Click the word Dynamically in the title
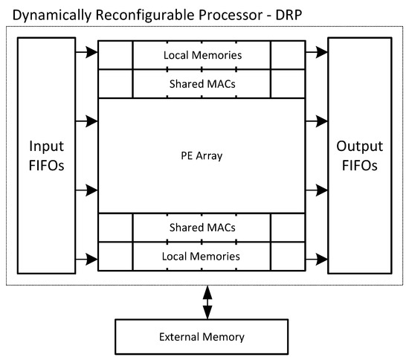click(52, 16)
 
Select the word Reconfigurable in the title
click(145, 16)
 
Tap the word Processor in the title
click(231, 15)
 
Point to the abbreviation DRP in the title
click(289, 15)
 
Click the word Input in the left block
click(46, 147)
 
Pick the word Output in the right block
click(360, 146)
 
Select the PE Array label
click(202, 155)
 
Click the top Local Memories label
click(203, 55)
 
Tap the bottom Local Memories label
click(201, 257)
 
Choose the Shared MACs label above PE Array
click(202, 84)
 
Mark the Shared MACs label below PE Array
click(202, 228)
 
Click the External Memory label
click(202, 337)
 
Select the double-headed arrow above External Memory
click(207, 302)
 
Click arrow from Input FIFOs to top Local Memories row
click(86, 52)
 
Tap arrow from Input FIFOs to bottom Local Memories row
click(86, 260)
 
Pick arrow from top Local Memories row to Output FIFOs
click(317, 52)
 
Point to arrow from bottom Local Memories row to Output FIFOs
click(317, 260)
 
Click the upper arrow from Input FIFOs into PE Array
click(86, 121)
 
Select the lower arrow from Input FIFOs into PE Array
click(86, 190)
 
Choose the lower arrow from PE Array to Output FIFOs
click(317, 190)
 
